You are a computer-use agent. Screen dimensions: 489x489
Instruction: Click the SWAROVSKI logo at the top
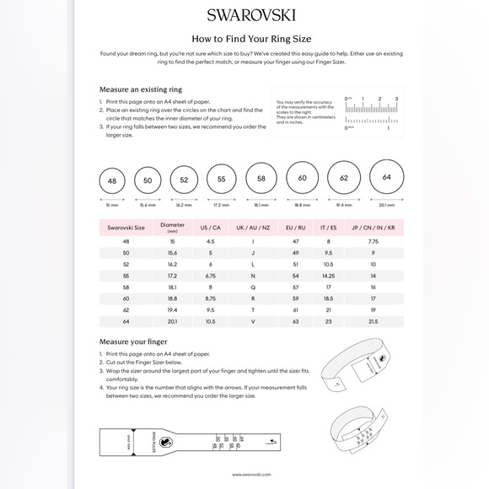244,14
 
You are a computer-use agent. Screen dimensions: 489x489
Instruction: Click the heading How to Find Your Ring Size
244,38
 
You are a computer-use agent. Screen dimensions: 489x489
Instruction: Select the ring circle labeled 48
112,181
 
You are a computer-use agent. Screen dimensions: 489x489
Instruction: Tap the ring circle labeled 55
221,180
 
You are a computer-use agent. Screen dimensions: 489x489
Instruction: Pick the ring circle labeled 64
386,177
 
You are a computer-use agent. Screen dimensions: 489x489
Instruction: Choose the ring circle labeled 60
302,179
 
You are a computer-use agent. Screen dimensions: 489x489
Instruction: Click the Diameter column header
172,227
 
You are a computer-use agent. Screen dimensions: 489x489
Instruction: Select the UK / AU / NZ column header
252,228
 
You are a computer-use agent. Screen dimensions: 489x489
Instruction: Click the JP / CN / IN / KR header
373,228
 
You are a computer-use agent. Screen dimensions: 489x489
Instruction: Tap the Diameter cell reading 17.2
172,276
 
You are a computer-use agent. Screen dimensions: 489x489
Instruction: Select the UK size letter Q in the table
252,287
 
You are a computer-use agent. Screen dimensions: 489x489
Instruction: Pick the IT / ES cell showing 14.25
329,276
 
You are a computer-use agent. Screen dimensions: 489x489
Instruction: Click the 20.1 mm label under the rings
386,205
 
